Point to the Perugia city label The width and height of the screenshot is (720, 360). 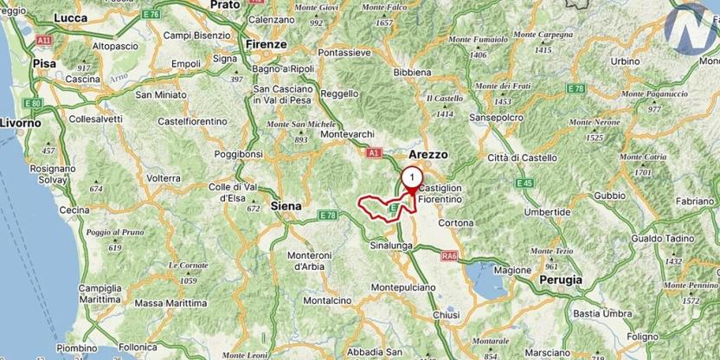[x=560, y=280]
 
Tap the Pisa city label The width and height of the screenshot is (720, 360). [x=43, y=63]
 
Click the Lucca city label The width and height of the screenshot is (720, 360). [x=71, y=16]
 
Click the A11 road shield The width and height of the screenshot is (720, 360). [x=43, y=40]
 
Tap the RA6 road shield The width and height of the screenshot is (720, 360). [x=448, y=255]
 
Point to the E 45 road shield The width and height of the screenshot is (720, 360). [x=523, y=183]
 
